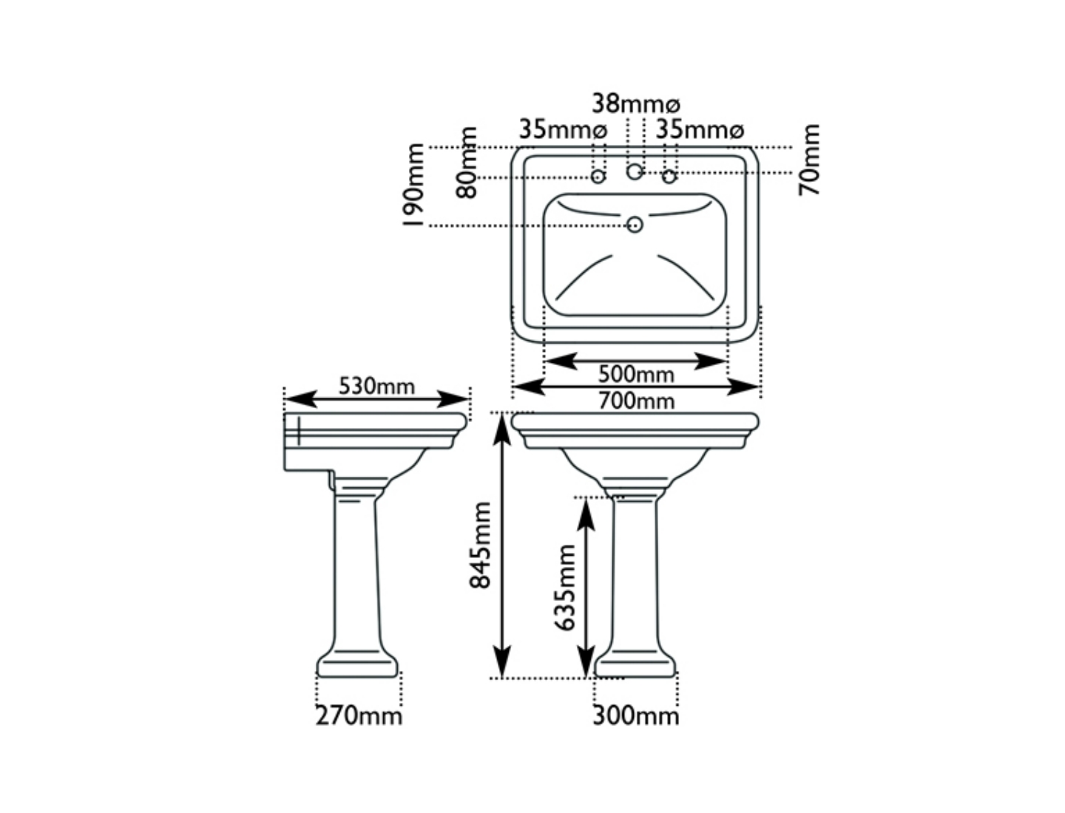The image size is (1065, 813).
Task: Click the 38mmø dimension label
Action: point(636,103)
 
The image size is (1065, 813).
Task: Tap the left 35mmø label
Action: point(563,129)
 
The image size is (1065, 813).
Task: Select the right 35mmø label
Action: point(700,129)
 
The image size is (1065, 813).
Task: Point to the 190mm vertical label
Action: point(415,186)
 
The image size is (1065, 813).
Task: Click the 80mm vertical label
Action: point(467,163)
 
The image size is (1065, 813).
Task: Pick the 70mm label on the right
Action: point(811,160)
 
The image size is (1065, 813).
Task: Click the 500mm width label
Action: point(636,375)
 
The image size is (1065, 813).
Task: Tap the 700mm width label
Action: point(636,401)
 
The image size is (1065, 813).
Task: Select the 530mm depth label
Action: point(376,386)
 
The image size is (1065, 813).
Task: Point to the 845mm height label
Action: point(481,545)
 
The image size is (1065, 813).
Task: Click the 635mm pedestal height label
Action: point(566,588)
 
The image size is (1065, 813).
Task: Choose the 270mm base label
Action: point(359,715)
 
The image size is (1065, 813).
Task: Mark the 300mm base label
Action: point(636,715)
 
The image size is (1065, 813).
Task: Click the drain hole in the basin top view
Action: point(635,225)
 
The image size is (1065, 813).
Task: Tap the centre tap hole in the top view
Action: point(635,172)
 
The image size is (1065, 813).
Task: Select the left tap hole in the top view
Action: point(598,177)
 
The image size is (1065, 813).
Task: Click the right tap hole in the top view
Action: point(669,177)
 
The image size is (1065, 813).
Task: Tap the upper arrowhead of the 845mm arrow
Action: point(502,429)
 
